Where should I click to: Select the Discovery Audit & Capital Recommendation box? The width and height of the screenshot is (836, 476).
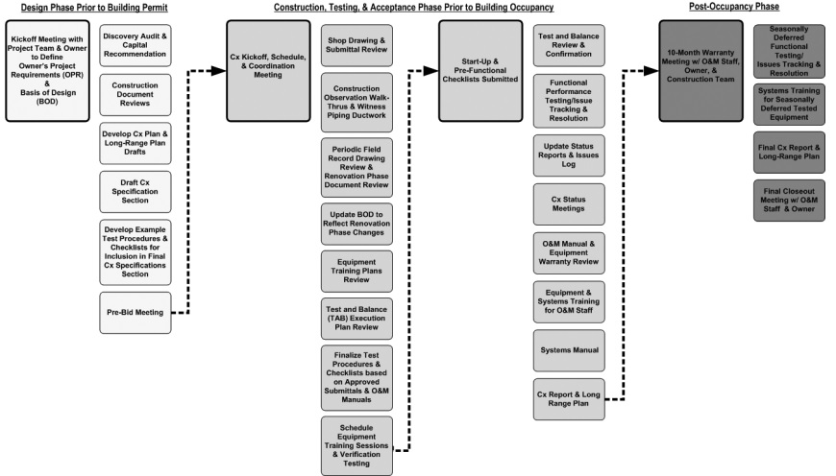[135, 44]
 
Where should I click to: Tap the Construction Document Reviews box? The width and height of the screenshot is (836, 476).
[135, 95]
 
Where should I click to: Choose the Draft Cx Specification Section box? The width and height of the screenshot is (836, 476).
[135, 191]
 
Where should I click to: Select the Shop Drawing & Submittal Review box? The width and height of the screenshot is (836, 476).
[357, 45]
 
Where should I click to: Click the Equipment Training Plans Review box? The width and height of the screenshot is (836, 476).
[357, 272]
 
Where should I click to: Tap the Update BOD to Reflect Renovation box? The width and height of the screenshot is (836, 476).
[357, 225]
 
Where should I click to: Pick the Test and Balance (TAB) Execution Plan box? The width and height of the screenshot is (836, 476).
[357, 319]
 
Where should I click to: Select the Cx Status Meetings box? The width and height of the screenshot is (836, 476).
[569, 203]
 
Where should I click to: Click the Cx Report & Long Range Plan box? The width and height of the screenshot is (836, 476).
[569, 399]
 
